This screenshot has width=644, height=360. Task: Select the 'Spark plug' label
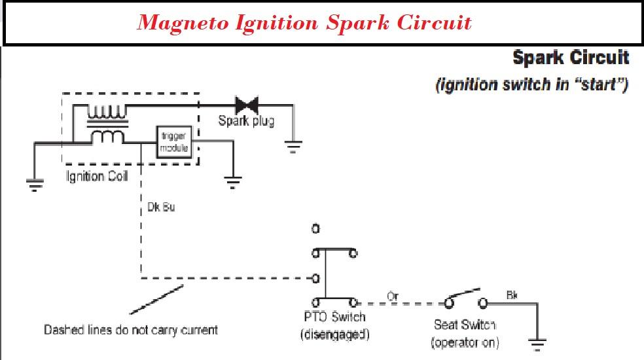(246, 121)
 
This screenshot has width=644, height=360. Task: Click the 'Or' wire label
(393, 296)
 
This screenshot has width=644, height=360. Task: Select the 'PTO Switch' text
(334, 318)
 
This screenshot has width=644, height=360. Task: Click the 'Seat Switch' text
(465, 325)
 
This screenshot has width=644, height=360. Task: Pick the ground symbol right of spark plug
(293, 147)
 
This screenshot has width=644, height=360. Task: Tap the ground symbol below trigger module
(231, 181)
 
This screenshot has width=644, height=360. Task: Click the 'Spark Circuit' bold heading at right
(571, 58)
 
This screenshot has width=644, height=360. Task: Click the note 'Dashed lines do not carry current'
(130, 330)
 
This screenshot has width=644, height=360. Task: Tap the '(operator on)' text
(465, 342)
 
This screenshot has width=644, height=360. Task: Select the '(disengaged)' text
(334, 335)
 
